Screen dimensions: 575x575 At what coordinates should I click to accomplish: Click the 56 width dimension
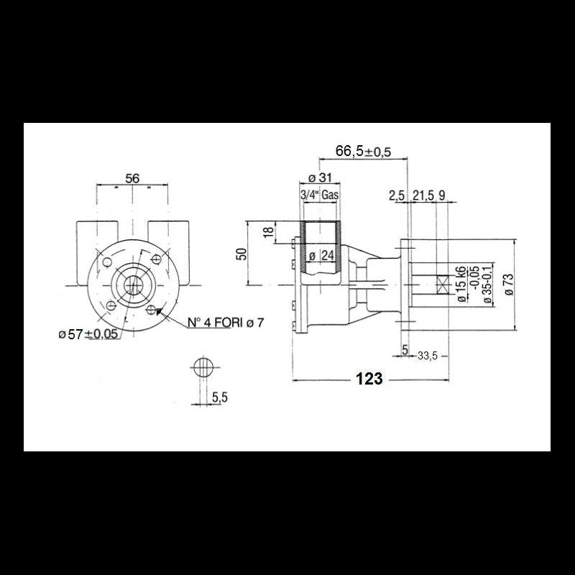(132, 178)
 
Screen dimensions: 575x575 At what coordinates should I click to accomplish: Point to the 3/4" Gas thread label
(318, 195)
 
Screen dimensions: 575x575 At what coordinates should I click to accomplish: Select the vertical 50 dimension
(242, 253)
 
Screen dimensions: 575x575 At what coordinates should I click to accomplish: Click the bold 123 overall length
(369, 379)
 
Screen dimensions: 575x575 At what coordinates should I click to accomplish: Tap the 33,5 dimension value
(428, 354)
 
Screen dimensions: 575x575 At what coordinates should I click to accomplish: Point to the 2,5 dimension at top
(396, 195)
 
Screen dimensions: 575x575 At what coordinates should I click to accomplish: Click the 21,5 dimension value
(423, 195)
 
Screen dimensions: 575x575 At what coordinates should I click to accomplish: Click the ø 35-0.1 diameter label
(487, 285)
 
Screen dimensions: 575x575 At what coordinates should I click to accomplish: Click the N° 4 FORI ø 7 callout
(225, 323)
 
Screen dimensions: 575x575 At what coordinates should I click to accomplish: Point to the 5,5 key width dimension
(219, 396)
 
